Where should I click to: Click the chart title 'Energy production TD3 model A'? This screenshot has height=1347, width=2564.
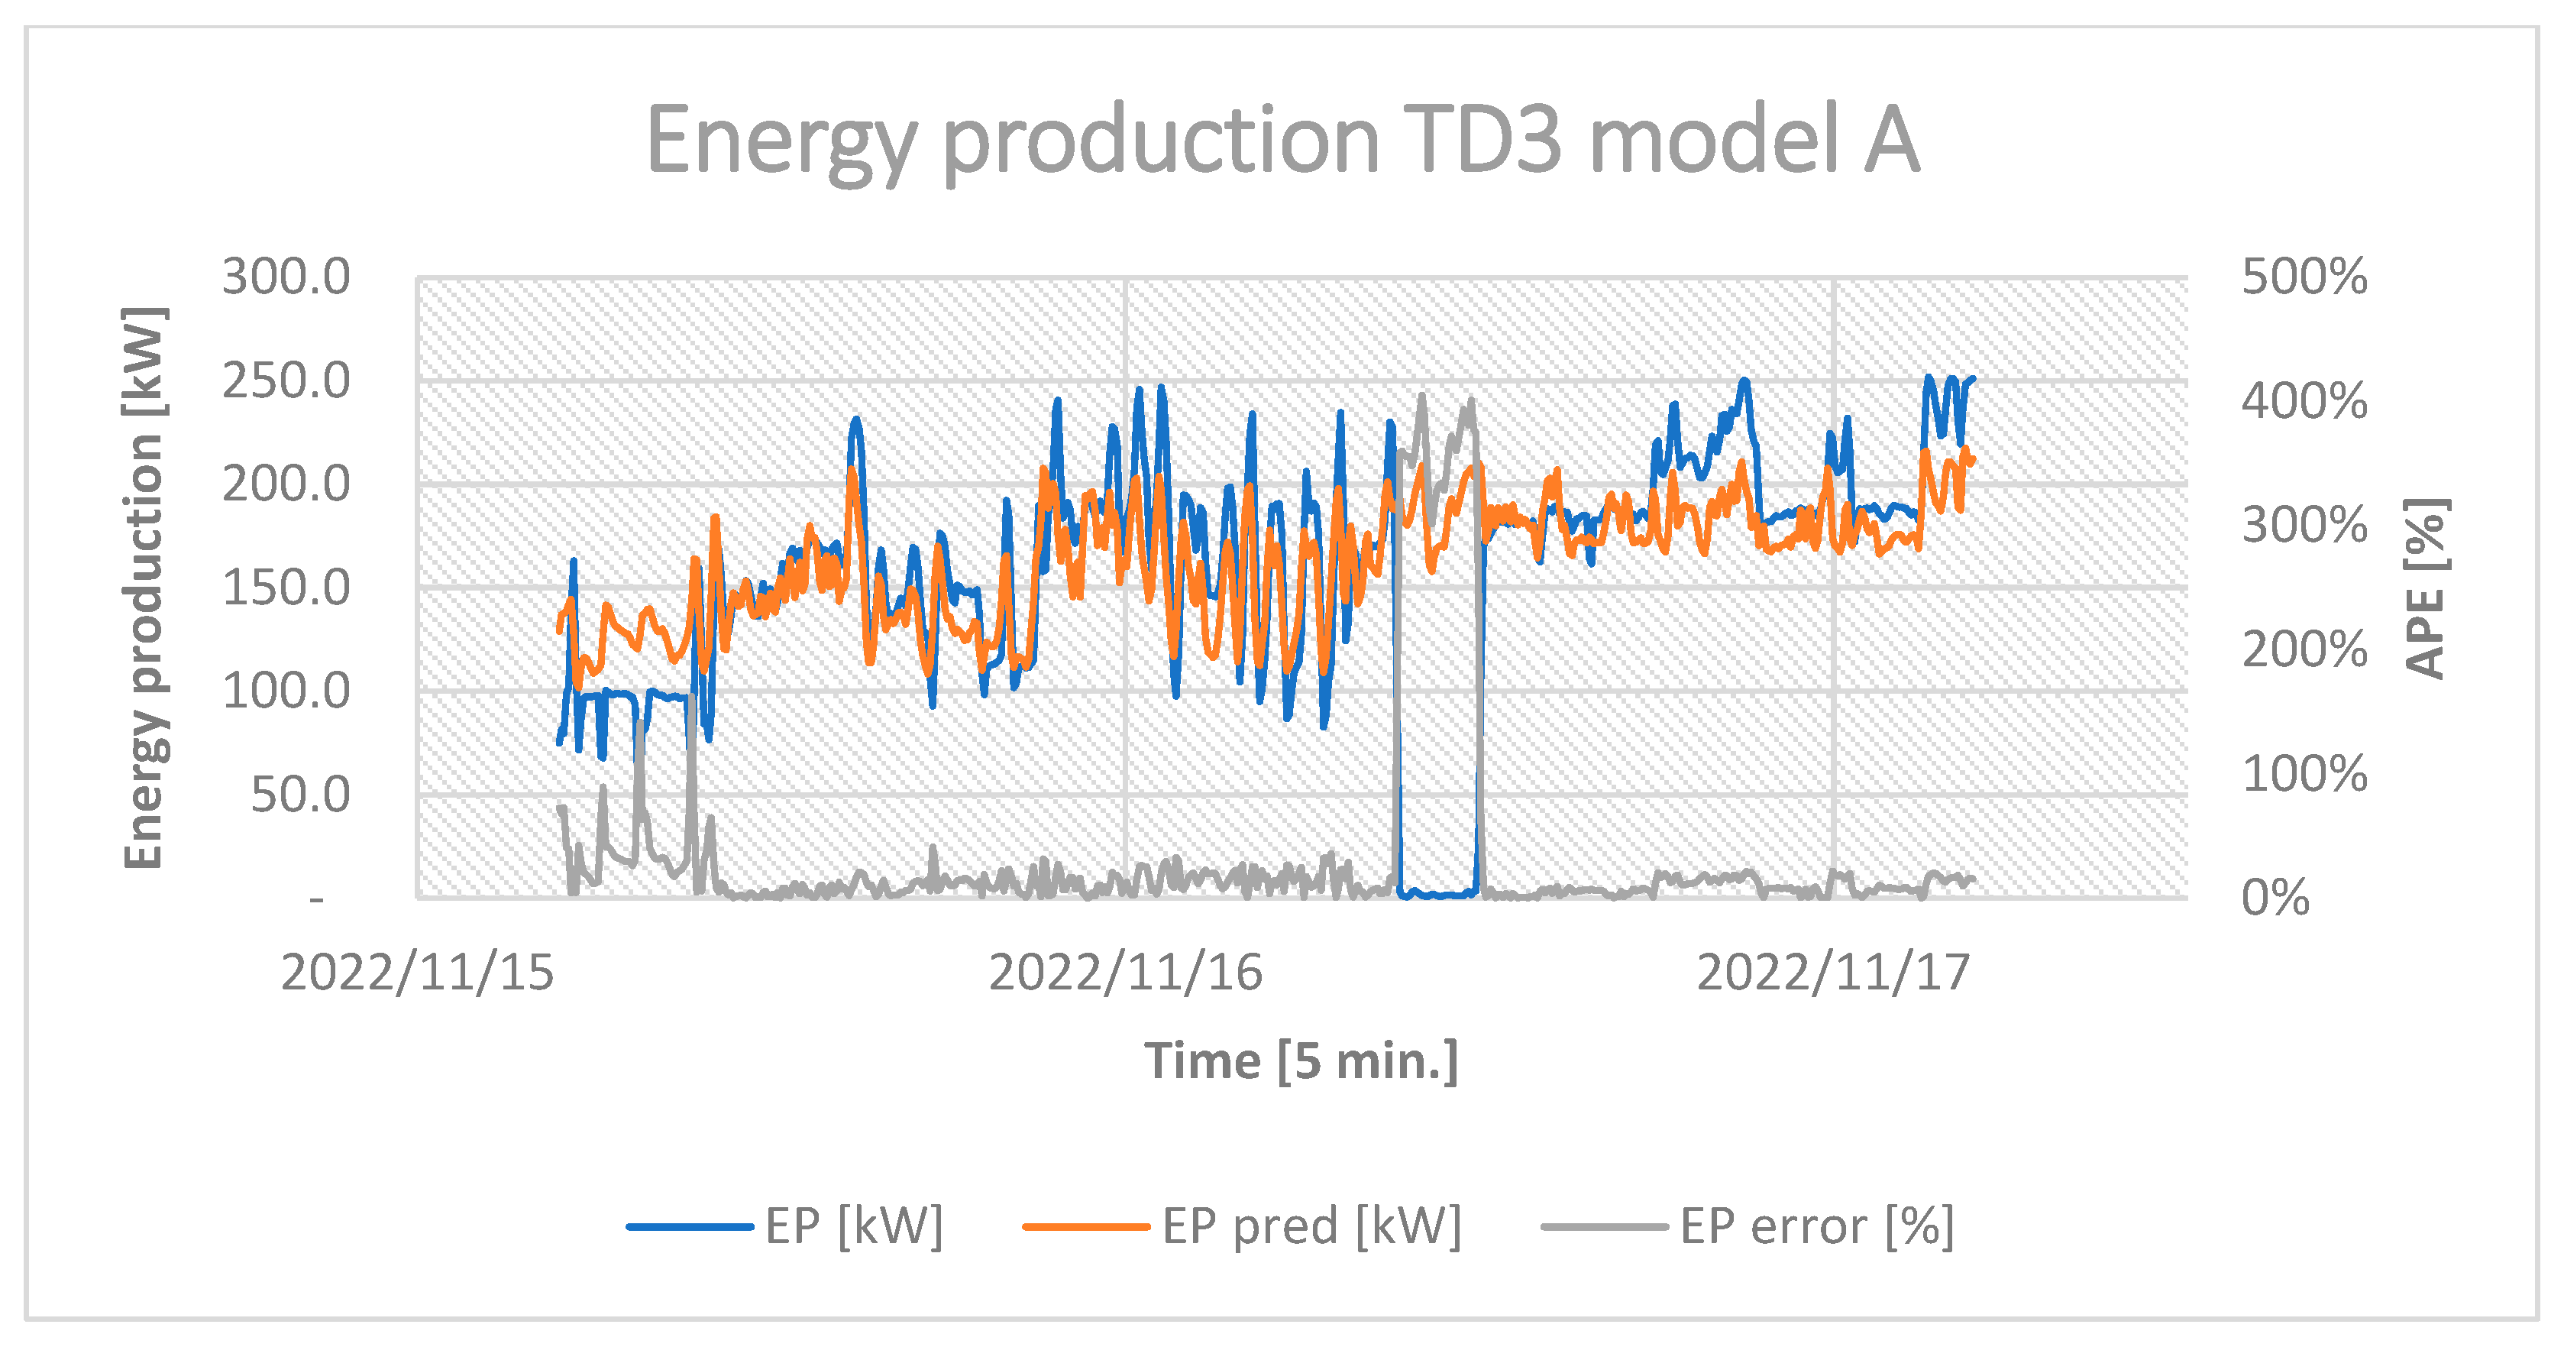[1282, 141]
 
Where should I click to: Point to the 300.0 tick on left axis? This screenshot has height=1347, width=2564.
[286, 277]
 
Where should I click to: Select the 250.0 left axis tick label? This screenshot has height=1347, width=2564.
[286, 381]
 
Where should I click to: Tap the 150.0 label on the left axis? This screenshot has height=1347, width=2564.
[286, 588]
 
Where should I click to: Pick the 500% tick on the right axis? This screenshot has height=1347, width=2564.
[2304, 277]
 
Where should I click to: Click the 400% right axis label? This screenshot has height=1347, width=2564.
[2304, 401]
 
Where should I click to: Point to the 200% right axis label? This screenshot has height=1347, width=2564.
[2304, 650]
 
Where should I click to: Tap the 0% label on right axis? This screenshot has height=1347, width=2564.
[2275, 898]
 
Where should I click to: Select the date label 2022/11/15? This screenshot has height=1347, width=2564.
[417, 973]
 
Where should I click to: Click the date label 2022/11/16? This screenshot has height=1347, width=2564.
[1125, 973]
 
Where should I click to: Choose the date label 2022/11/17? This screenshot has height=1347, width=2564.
[1832, 973]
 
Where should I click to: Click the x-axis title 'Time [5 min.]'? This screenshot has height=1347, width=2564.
[1300, 1060]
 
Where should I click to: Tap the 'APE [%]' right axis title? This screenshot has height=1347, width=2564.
[2425, 588]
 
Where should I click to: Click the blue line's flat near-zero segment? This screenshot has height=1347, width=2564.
[1438, 894]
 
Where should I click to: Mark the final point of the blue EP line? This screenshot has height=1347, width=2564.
[1973, 379]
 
